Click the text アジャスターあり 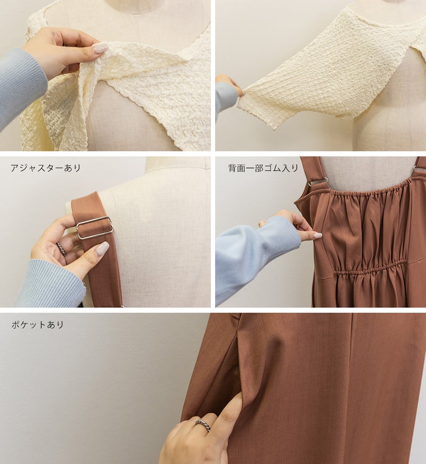(x=46, y=168)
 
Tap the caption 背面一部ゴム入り (x=263, y=168)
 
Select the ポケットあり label (x=38, y=324)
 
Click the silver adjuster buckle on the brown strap (x=94, y=227)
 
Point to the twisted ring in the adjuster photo (x=61, y=248)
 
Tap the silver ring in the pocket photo (x=202, y=425)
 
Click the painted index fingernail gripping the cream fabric (x=100, y=47)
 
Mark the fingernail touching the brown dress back (x=317, y=235)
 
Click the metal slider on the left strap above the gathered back (x=318, y=181)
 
